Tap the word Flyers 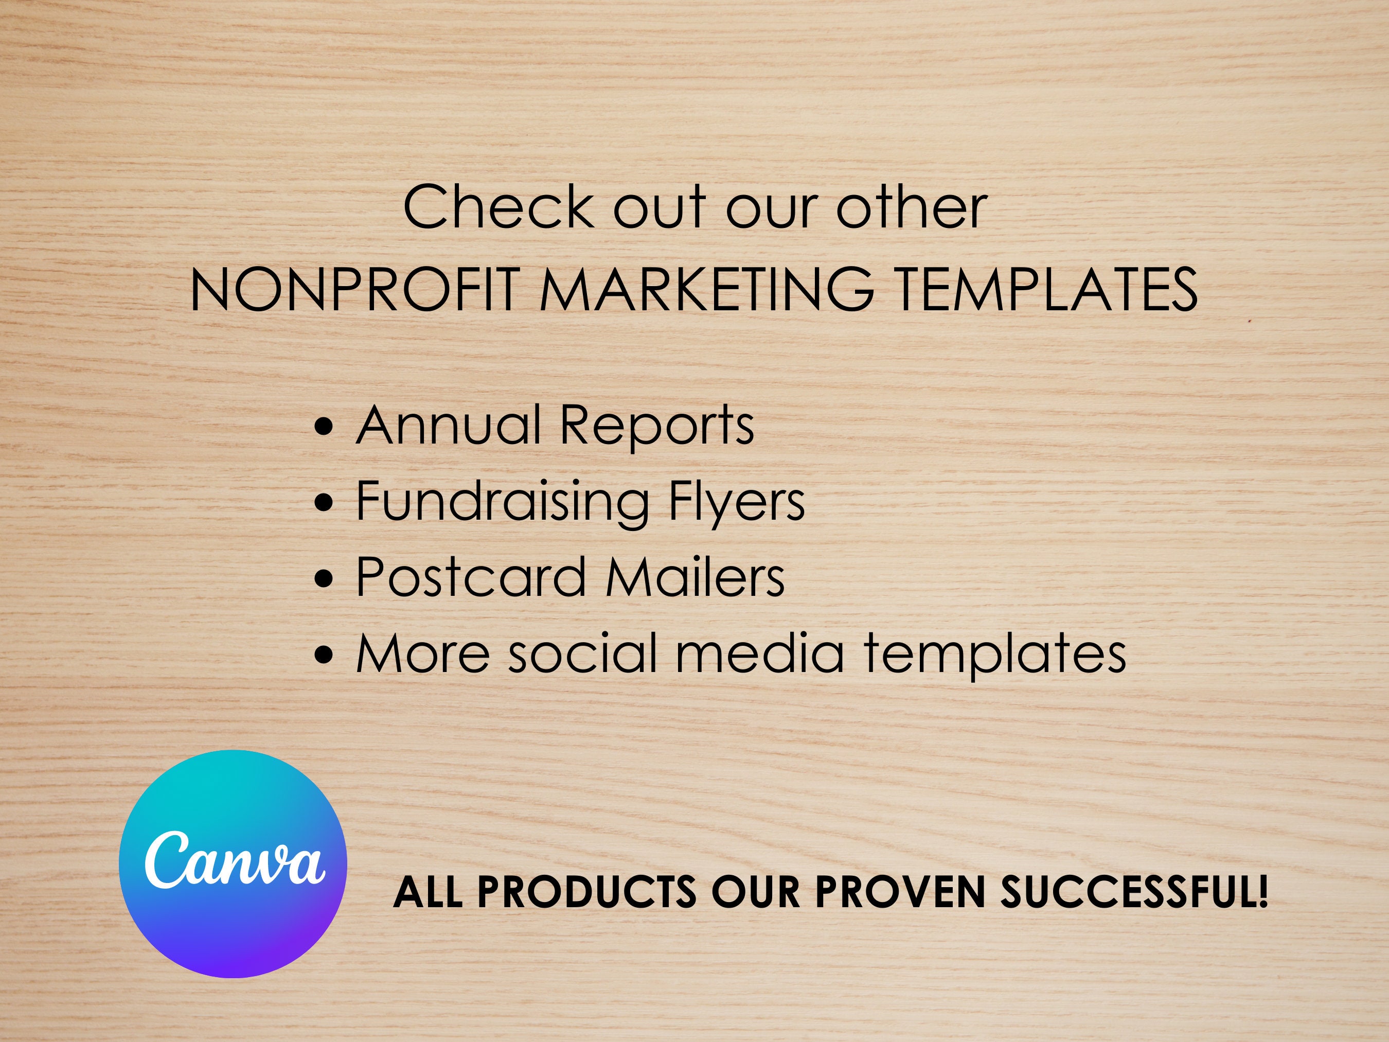point(736,502)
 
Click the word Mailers point(695,577)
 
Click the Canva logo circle point(233,863)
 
